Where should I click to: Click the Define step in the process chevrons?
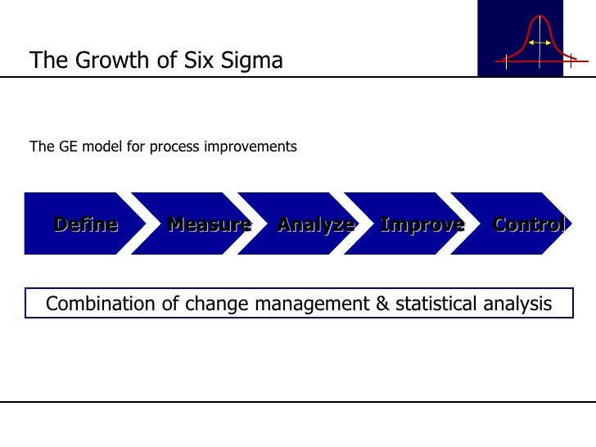(86, 223)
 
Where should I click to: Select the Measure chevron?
(209, 223)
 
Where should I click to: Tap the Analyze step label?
(316, 223)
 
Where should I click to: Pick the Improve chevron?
(422, 223)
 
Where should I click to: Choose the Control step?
(529, 223)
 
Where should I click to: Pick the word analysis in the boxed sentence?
(519, 305)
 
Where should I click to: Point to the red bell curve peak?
(539, 18)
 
